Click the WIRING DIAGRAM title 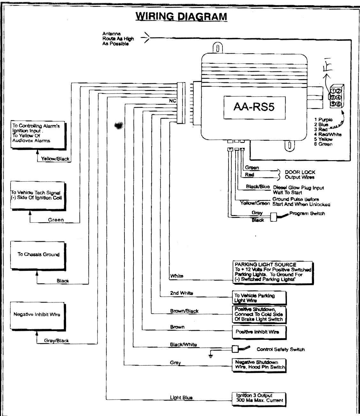181,16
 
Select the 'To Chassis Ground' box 38,255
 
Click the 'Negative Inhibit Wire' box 37,315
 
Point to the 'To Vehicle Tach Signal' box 38,196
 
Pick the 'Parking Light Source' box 272,272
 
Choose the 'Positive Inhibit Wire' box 259,332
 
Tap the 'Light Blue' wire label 181,397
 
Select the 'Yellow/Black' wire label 55,159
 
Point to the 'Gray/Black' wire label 56,341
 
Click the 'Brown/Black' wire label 184,311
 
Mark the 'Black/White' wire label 183,345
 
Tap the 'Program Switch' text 307,213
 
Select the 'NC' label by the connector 173,101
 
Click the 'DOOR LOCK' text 300,172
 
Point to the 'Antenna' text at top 111,33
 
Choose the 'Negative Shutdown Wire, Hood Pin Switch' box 259,365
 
